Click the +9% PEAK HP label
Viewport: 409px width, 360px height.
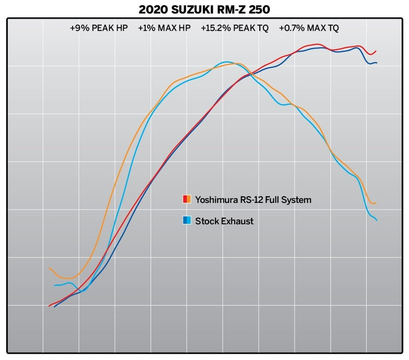(98, 28)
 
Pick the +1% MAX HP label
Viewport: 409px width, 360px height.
(164, 28)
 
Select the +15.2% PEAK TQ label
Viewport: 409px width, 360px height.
(234, 28)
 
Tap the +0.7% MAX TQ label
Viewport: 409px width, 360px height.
(308, 28)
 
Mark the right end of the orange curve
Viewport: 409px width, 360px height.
(376, 203)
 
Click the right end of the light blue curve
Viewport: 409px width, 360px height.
(377, 220)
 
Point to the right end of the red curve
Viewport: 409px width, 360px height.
(376, 51)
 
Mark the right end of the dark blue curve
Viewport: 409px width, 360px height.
(377, 63)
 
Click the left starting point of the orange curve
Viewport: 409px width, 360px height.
(49, 268)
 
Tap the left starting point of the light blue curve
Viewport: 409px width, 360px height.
(54, 285)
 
